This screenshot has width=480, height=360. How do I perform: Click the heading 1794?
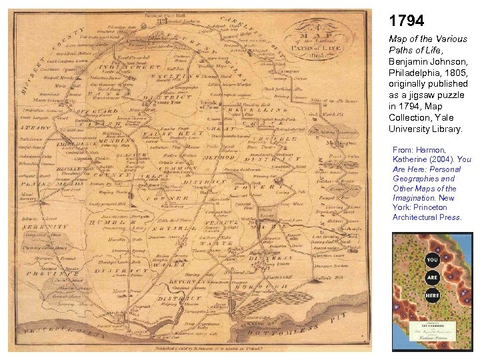(406, 21)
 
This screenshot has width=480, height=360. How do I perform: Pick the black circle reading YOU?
(432, 259)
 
